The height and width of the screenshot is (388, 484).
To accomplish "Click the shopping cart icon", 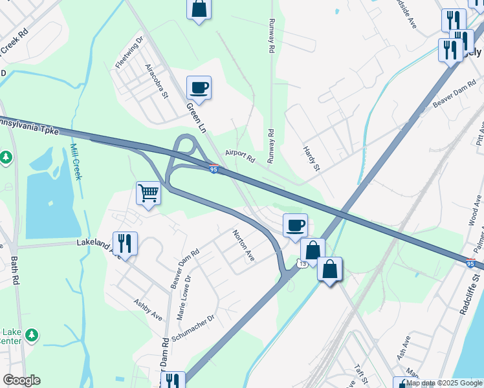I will coord(149,193).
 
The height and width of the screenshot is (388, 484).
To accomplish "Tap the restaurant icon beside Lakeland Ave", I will coord(125,243).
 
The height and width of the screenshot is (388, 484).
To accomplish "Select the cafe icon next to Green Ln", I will coord(199,87).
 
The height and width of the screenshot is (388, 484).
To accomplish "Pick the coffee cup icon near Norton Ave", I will coord(295,225).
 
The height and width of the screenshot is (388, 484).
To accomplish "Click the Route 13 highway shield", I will coord(302,263).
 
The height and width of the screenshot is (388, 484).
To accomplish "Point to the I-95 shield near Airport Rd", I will coord(214,169).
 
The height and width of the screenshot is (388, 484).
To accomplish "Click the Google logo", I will coord(21,380).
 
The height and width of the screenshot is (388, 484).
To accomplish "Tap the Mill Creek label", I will coord(76,162).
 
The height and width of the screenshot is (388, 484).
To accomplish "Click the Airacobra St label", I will coord(157,81).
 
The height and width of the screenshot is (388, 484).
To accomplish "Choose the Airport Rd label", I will coord(241,155).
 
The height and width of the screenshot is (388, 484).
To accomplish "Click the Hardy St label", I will coord(312,158).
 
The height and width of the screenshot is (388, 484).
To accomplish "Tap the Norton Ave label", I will coord(244,246).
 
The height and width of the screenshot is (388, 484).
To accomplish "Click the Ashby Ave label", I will coord(148,309).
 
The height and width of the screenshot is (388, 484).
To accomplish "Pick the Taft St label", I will coord(361,374).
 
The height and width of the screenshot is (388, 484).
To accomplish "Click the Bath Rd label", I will coord(15,272).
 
